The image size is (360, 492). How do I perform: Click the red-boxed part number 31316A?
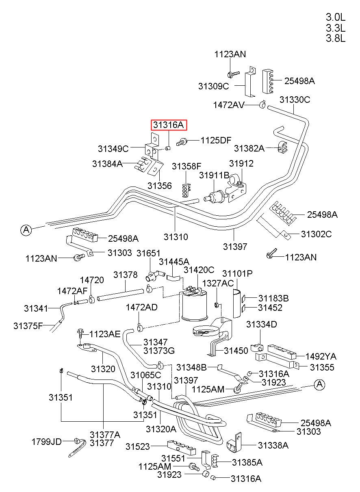point(169,125)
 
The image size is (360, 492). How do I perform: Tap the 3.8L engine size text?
point(335,39)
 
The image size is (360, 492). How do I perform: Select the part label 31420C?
point(199,270)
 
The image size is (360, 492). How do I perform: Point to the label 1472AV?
point(229,105)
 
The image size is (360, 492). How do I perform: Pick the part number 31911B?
point(214,175)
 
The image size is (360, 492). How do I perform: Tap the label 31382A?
point(249,148)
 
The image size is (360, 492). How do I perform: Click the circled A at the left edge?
point(26,230)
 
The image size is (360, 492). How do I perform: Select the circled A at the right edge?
point(320,384)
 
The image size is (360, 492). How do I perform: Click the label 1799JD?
point(47,442)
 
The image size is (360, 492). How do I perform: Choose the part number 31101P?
point(237,274)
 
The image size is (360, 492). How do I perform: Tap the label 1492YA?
point(321,356)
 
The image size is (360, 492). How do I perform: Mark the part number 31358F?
point(187,167)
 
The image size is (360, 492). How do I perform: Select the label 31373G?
point(159,351)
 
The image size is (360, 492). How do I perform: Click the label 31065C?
point(146,375)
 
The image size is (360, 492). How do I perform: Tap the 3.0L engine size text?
point(335,17)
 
